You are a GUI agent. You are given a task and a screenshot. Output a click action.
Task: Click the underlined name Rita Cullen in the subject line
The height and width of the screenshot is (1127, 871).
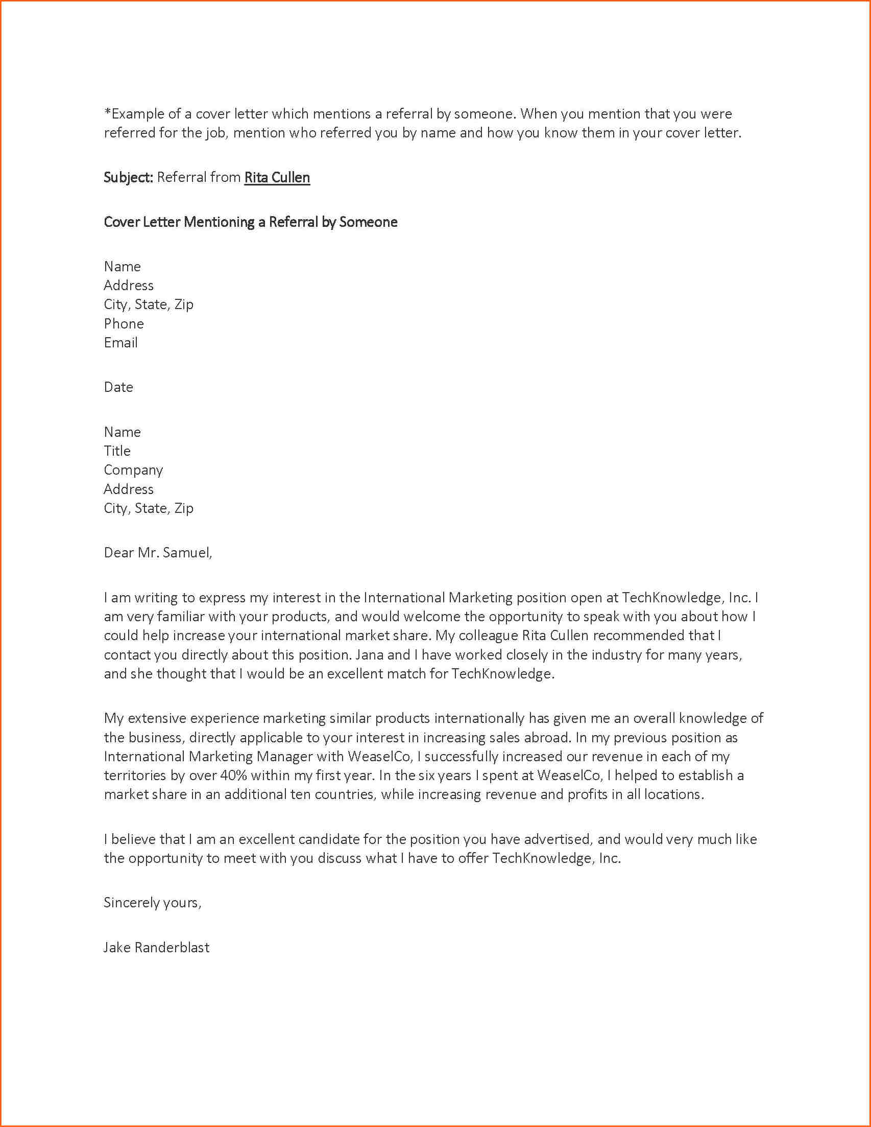pos(277,177)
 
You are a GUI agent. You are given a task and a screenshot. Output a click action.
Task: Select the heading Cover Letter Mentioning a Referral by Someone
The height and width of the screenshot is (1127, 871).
pos(251,222)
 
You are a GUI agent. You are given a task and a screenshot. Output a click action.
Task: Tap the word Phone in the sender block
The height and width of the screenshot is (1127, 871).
pos(124,323)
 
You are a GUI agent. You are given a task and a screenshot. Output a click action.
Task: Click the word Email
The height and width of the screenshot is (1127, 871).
pos(120,343)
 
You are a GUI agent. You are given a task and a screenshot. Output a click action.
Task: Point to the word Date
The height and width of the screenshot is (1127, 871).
pos(118,387)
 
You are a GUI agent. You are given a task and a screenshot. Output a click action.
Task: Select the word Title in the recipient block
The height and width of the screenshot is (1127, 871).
pos(117,451)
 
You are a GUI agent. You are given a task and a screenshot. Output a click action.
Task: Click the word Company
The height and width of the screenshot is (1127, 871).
pos(133,470)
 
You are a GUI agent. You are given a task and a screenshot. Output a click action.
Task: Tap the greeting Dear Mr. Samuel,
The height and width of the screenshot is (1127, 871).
pos(158,553)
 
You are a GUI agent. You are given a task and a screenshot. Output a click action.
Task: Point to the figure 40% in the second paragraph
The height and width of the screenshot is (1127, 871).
pos(234,775)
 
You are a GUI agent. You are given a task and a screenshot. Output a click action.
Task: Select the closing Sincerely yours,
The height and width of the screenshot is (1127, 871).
pos(152,903)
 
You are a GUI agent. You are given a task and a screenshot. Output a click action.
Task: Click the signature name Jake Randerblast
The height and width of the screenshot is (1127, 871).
pos(156,947)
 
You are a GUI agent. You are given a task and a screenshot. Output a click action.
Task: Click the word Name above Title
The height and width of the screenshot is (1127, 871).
pos(122,432)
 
